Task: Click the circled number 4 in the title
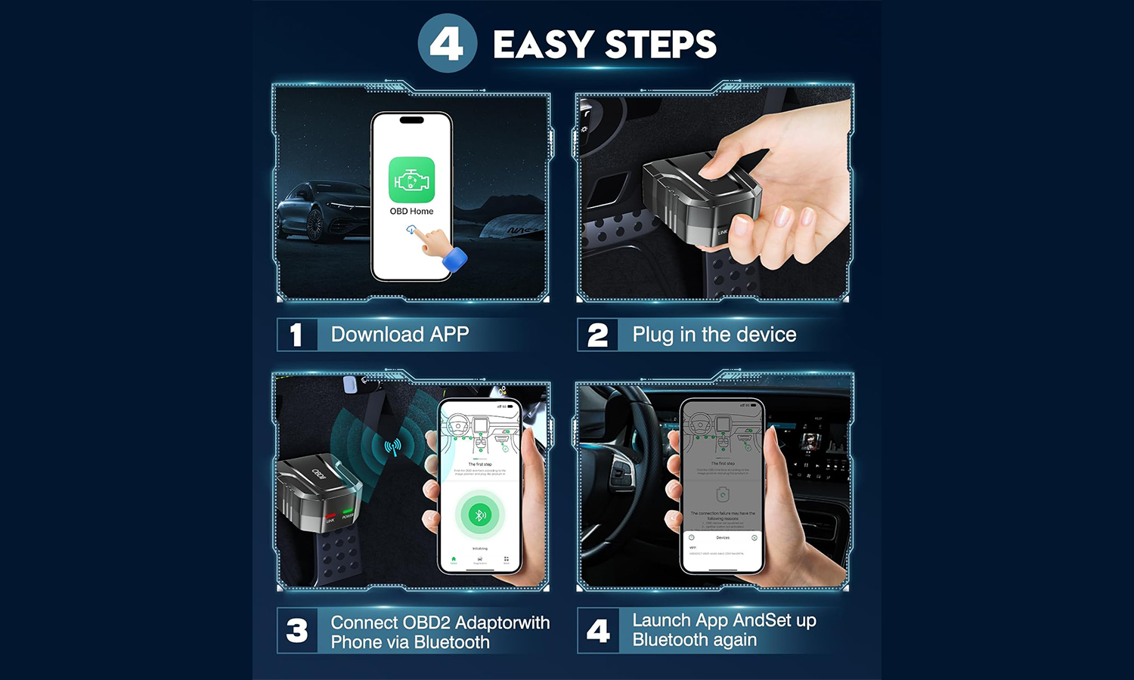point(447,44)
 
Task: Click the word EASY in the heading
point(543,45)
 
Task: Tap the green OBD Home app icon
point(411,180)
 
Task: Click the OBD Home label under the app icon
point(411,212)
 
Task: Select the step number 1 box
point(296,335)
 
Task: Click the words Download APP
point(400,335)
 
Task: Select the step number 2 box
point(597,335)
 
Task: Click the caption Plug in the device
point(714,335)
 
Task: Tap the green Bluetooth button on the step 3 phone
point(479,515)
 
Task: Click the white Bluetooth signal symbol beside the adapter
point(392,447)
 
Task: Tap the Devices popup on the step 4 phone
point(723,546)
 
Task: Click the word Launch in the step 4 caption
point(661,620)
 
